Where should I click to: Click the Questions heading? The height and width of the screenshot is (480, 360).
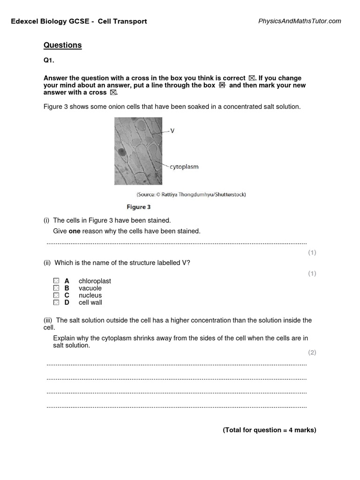coord(62,45)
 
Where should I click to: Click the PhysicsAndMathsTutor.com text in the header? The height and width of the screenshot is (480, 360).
coord(300,21)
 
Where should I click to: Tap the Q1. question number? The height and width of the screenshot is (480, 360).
coord(49,61)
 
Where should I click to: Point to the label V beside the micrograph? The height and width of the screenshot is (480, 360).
coord(172,131)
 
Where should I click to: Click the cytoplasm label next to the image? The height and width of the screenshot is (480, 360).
coord(184,167)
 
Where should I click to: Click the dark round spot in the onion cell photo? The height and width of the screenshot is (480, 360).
coord(122,152)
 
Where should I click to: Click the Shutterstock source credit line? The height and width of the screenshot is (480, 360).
coord(191,194)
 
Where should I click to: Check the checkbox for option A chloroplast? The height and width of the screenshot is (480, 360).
coord(56,281)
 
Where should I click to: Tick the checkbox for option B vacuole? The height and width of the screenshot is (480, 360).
coord(56,288)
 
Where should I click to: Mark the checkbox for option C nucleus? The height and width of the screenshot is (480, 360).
coord(56,295)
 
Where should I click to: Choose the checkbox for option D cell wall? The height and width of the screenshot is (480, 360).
coord(56,303)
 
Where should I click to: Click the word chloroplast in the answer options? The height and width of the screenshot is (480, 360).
coord(95,281)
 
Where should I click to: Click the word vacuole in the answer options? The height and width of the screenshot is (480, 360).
coord(90,288)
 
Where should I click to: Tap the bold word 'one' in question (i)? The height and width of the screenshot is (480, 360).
coord(74,231)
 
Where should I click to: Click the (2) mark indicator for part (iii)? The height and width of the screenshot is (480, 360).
coord(312,352)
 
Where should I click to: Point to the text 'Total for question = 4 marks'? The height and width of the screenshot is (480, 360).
coord(270,430)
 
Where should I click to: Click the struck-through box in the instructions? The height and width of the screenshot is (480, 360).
coord(222,85)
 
